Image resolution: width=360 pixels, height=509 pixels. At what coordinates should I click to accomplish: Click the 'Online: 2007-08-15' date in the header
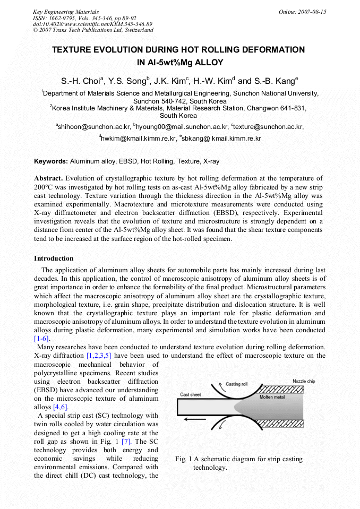coord(303,12)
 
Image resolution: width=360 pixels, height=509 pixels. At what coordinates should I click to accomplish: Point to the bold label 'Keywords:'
coord(51,161)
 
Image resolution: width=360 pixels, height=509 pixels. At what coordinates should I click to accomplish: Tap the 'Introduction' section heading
coord(54,258)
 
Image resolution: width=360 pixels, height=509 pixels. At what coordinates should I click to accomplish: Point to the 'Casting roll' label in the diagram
coord(237,384)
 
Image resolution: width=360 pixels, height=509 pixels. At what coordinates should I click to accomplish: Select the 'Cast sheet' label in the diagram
coord(191,394)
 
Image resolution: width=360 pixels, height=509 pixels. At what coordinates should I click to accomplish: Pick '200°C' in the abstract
coord(46,187)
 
